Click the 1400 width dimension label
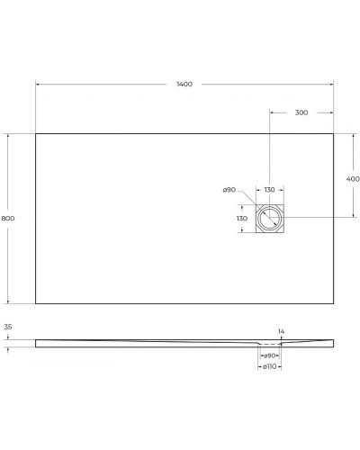point(184,85)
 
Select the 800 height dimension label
point(9,219)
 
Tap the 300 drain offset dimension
point(301,112)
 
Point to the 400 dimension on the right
point(353,179)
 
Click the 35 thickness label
point(8,328)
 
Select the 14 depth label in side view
point(282,332)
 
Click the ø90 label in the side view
point(270,357)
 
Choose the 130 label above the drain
point(270,190)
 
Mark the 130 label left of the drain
point(242,219)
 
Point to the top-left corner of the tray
point(36,134)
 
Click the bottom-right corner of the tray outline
point(334,304)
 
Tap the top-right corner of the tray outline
point(334,134)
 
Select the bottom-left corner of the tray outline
point(36,304)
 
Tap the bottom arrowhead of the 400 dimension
point(353,217)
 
